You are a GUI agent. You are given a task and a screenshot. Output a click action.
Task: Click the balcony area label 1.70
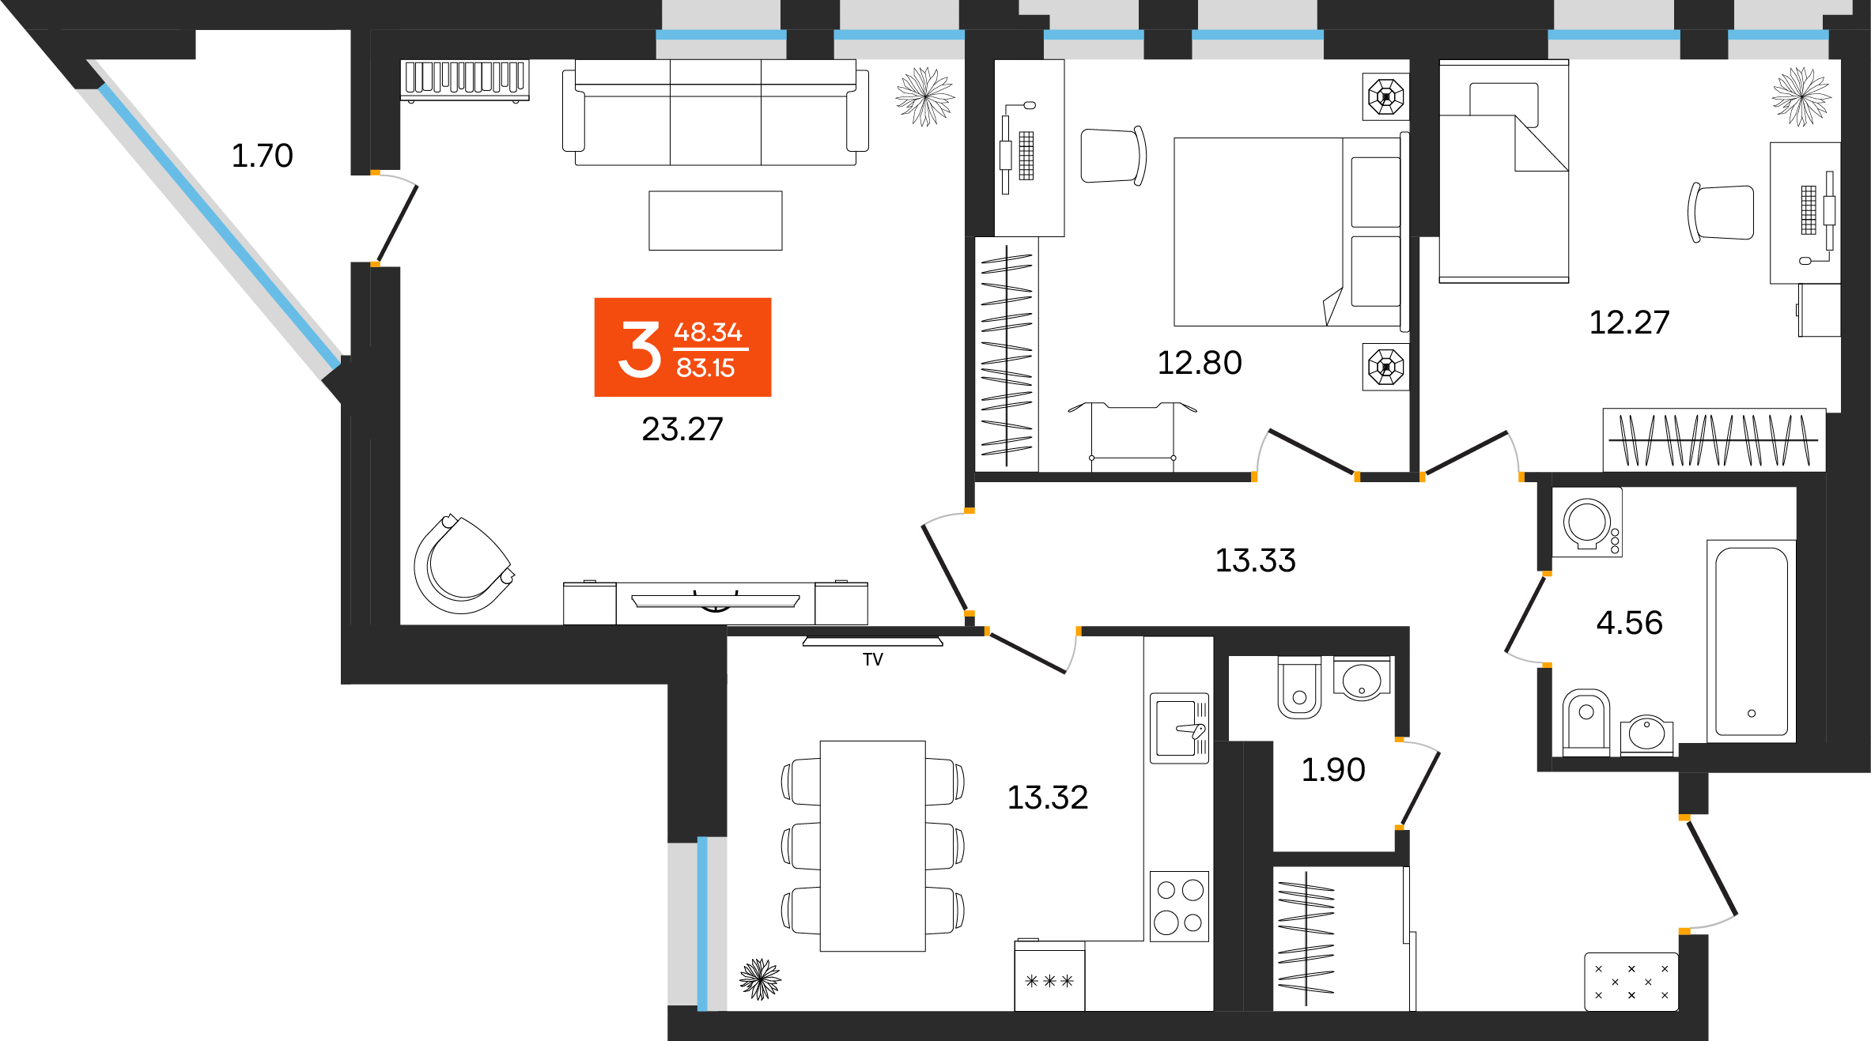click(262, 156)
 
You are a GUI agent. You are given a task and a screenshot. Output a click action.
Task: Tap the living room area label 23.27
click(682, 429)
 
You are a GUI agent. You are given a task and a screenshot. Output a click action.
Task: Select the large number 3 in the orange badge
click(639, 349)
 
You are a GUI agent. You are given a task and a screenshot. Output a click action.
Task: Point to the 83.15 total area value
click(705, 368)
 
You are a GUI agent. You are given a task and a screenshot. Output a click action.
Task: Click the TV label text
click(872, 659)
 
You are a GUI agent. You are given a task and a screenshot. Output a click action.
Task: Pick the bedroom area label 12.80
click(1199, 363)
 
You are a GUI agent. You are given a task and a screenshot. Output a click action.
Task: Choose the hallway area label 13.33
click(1255, 560)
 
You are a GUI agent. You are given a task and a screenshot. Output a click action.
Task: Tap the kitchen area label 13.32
click(1047, 798)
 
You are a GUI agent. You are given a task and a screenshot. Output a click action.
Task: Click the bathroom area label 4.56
click(1629, 623)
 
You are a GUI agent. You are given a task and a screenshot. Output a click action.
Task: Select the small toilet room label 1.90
click(1333, 770)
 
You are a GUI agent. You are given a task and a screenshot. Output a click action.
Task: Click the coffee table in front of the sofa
click(715, 221)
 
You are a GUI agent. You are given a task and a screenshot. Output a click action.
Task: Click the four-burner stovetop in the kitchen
click(1179, 906)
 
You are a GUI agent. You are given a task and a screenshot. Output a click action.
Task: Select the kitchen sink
click(1179, 728)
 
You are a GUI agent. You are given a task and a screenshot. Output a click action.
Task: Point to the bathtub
click(1751, 641)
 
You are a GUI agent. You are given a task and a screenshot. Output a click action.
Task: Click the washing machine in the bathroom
click(1587, 522)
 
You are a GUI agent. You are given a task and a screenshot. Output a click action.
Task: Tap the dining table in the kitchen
click(872, 846)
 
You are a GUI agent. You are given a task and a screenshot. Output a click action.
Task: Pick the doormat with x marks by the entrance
click(1631, 982)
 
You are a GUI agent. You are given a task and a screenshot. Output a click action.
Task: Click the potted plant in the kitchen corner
click(760, 979)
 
